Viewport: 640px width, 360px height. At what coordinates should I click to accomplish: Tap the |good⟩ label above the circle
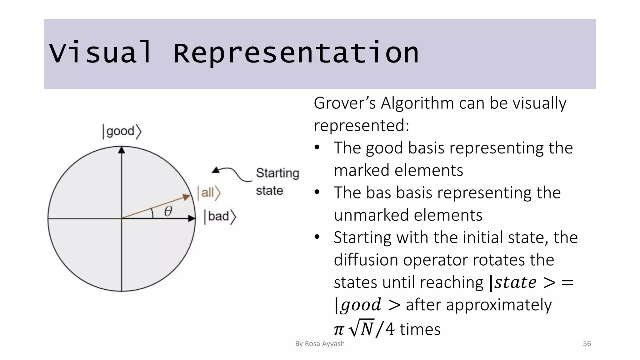click(x=122, y=131)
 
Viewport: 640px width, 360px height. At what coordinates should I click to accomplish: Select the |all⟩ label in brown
click(x=209, y=192)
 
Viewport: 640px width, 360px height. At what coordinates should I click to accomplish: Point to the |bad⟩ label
click(x=220, y=217)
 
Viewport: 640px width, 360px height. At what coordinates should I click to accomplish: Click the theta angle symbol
click(x=168, y=212)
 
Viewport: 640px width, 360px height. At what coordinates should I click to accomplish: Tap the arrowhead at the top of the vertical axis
click(x=122, y=150)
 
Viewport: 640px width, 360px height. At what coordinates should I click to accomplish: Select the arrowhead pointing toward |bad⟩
click(x=191, y=218)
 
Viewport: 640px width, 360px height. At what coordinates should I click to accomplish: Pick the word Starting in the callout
click(x=277, y=173)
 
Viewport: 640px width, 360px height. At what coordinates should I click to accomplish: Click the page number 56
click(x=587, y=344)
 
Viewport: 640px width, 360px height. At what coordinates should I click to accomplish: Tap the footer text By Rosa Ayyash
click(x=320, y=344)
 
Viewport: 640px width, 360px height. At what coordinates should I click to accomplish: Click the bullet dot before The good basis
click(x=317, y=147)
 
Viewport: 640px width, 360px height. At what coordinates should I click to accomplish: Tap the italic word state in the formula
click(x=515, y=282)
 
